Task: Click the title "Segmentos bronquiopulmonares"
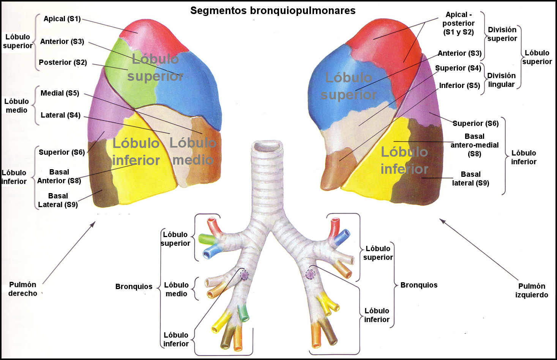click(273, 11)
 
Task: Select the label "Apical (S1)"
click(62, 19)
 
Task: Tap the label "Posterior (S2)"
click(63, 63)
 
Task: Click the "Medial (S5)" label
click(60, 93)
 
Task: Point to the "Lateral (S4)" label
click(60, 115)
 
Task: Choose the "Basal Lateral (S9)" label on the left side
click(58, 200)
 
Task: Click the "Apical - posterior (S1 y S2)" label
click(458, 24)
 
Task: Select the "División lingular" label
click(501, 80)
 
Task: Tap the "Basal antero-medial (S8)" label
click(475, 145)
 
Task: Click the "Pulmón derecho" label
click(23, 289)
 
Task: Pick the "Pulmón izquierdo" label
click(532, 291)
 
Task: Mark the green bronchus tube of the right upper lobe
click(206, 239)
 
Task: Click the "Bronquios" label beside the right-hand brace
click(419, 285)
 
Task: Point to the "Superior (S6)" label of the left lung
click(475, 124)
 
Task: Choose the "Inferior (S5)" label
click(459, 86)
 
